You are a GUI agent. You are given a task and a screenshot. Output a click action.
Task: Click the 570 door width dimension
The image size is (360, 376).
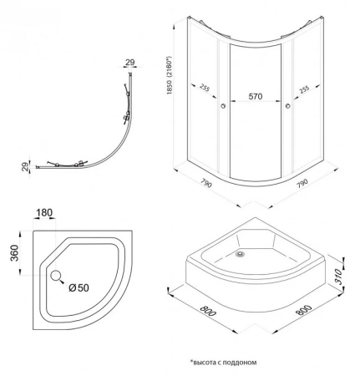click(x=256, y=96)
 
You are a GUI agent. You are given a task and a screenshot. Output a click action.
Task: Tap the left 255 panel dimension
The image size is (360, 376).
click(x=205, y=88)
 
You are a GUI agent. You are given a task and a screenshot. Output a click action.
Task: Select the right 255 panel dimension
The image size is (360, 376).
click(x=304, y=89)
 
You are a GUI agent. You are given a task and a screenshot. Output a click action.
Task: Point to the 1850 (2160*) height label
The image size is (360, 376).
click(x=170, y=75)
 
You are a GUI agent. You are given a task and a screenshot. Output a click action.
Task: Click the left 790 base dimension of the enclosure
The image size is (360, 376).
click(x=206, y=183)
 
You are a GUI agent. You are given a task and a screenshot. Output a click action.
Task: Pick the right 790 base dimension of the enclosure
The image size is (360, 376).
click(x=302, y=183)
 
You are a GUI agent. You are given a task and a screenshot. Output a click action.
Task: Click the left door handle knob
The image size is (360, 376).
click(x=223, y=106)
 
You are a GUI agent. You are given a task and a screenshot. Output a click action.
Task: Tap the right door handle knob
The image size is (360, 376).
click(x=288, y=106)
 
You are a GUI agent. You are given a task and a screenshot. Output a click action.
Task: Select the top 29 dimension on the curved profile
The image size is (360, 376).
click(x=130, y=63)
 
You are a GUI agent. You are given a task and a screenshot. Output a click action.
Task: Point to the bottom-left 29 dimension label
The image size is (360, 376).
click(x=25, y=166)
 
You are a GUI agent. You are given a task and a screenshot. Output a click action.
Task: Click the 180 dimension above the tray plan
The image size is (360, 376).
click(x=44, y=213)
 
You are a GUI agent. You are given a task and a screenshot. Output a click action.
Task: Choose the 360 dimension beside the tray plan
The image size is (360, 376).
click(x=14, y=253)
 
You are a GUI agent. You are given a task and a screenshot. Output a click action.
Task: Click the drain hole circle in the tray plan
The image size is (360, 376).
click(x=56, y=276)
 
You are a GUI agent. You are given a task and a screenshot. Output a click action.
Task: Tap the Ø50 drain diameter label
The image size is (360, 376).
click(x=79, y=287)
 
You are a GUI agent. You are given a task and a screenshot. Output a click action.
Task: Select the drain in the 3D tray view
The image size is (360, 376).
click(x=240, y=254)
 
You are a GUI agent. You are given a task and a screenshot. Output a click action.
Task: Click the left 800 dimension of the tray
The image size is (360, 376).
click(x=208, y=311)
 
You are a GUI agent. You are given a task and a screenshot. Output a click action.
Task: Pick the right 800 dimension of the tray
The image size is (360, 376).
click(x=303, y=310)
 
